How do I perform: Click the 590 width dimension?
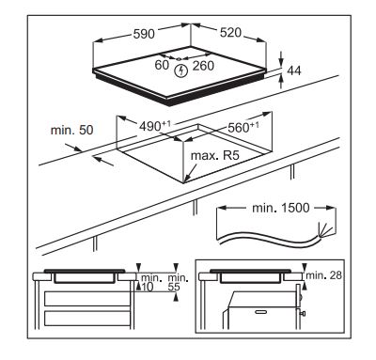point(144,34)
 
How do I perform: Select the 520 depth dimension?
point(230,33)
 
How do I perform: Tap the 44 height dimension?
point(293,70)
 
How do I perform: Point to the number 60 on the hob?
point(162,65)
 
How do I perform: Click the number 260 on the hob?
point(203,66)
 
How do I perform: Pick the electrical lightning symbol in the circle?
point(180,70)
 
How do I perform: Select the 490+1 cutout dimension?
point(155,126)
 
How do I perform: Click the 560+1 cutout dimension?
point(243,127)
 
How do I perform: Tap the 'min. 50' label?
point(72,130)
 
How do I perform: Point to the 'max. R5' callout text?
point(215,155)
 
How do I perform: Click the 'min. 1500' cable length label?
point(280,208)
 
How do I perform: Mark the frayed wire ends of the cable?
point(324,230)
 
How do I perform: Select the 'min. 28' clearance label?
point(323,275)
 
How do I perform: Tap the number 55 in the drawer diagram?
point(174,287)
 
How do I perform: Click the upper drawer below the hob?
point(86,299)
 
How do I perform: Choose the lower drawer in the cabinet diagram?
point(86,319)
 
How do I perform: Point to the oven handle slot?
point(260,312)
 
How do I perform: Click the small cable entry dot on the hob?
point(179,59)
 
